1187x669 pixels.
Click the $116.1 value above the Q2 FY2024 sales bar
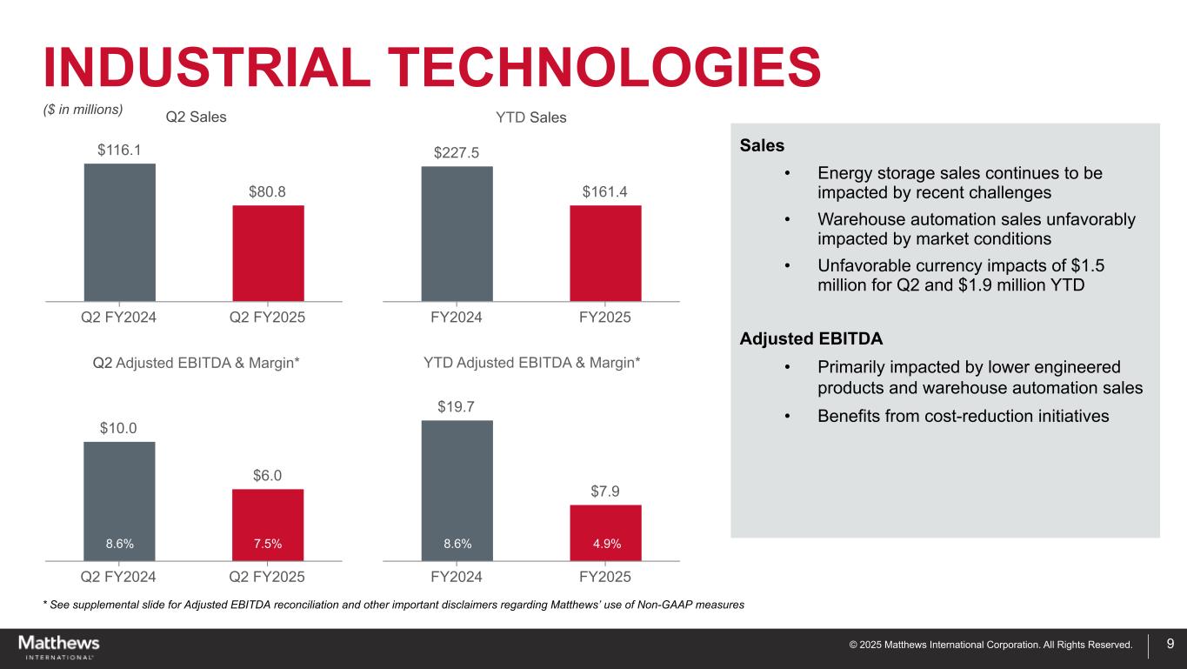[x=119, y=151]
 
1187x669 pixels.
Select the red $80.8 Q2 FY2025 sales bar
[x=268, y=253]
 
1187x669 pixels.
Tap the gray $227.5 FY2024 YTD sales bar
[x=457, y=233]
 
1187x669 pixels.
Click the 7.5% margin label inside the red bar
[x=268, y=544]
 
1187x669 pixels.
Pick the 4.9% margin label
[x=605, y=544]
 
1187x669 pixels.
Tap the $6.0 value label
[x=268, y=475]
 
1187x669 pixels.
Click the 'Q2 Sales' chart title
[x=196, y=117]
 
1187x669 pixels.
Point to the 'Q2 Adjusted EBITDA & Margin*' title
[x=196, y=361]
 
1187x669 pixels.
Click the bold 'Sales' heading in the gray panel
[x=762, y=144]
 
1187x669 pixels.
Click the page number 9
[x=1170, y=644]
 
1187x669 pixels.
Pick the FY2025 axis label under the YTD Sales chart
[x=605, y=318]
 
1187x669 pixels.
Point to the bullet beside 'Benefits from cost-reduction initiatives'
[x=788, y=416]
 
